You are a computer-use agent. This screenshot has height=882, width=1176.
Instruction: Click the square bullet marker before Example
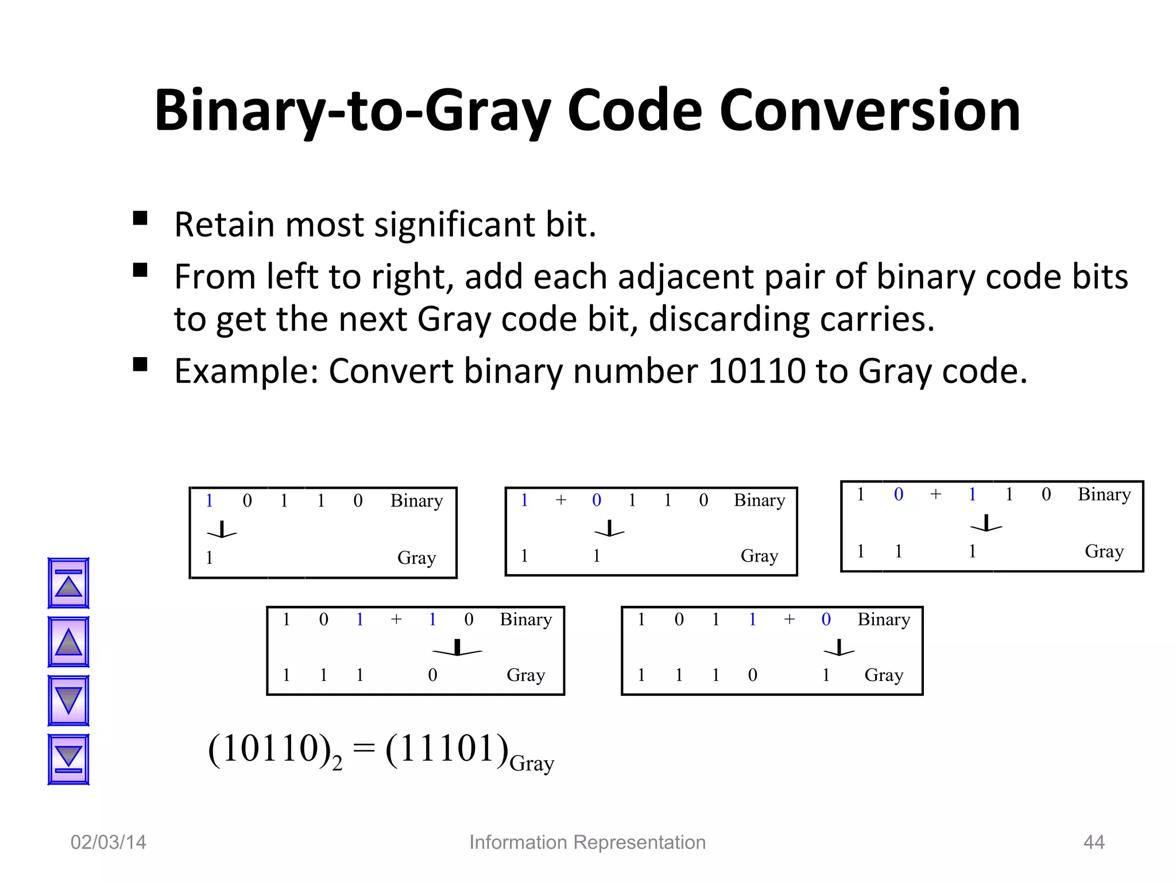[x=140, y=365]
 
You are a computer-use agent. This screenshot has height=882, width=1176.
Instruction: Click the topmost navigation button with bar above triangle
[x=68, y=583]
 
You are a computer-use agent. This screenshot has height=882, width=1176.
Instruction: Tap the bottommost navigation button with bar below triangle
[x=68, y=759]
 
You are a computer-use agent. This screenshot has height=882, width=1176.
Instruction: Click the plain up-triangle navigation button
[x=68, y=642]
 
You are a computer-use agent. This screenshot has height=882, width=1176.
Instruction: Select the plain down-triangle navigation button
[x=68, y=701]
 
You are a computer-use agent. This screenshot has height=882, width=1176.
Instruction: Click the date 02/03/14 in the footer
[x=108, y=842]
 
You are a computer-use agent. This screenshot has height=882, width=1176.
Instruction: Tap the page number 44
[x=1093, y=842]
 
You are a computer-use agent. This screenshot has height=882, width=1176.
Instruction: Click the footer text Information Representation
[x=587, y=842]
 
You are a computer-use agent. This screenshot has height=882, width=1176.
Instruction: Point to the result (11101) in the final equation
[x=447, y=749]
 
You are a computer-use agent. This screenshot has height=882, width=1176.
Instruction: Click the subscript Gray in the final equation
[x=532, y=764]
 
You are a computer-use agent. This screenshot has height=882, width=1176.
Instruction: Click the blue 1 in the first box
[x=209, y=501]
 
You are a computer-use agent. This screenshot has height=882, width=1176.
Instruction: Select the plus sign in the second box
[x=561, y=500]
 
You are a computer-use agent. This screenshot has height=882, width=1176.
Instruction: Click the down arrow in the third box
[x=987, y=524]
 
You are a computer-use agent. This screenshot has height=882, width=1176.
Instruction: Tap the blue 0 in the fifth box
[x=826, y=619]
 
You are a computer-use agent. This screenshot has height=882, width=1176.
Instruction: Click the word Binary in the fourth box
[x=525, y=620]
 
